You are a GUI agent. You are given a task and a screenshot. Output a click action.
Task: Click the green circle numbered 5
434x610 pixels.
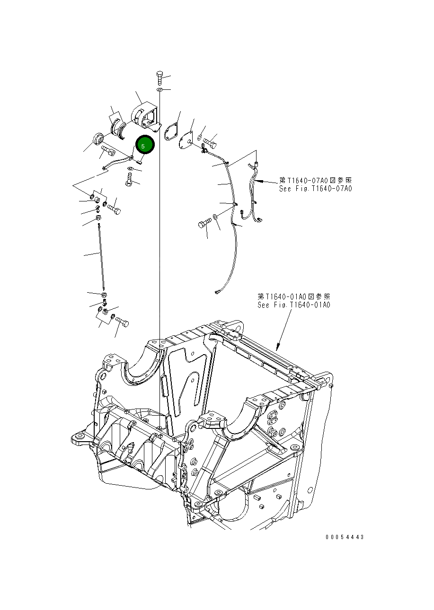tap(145, 145)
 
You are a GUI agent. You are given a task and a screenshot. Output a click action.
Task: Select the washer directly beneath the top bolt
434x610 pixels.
tap(159, 89)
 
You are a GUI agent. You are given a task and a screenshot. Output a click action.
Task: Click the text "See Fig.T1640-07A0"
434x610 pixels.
tap(315, 189)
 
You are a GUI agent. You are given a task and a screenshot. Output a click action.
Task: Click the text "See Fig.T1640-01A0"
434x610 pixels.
tap(293, 305)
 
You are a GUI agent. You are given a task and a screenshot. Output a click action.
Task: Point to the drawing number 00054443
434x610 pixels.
tap(345, 537)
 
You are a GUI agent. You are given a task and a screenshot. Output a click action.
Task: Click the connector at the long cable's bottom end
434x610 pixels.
tap(217, 292)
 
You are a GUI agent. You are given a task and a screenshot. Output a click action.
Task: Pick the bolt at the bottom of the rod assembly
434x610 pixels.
tap(122, 322)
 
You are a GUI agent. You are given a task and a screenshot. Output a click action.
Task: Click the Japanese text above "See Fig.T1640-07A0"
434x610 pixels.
tap(315, 181)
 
